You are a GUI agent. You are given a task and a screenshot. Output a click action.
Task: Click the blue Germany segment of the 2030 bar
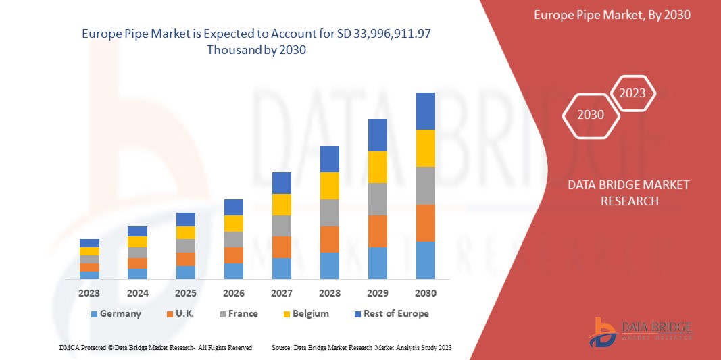pos(425,260)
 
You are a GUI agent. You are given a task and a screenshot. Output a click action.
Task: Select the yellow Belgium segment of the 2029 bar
pos(377,167)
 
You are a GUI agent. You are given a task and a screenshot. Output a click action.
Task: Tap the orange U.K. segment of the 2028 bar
pos(329,239)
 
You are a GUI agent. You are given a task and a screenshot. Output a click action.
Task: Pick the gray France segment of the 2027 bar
pos(281,226)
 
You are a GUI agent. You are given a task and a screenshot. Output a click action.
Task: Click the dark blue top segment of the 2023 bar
pos(89,243)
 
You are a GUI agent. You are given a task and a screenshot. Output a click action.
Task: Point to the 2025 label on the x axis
pos(185,293)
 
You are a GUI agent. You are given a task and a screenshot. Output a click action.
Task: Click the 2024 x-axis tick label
pos(137,293)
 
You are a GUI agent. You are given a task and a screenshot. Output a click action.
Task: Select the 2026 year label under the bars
pos(233,293)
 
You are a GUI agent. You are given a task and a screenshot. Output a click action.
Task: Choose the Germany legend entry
pos(116,313)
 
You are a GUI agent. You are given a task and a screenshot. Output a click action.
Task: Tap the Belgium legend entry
pos(305,313)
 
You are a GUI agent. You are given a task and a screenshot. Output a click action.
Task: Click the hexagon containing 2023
pos(632,93)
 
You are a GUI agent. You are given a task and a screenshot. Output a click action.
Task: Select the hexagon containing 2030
pos(591,115)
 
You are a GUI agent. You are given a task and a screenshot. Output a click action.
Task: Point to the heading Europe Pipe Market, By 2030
pos(612,15)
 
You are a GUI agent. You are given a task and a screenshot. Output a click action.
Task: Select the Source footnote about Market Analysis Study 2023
pos(361,347)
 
